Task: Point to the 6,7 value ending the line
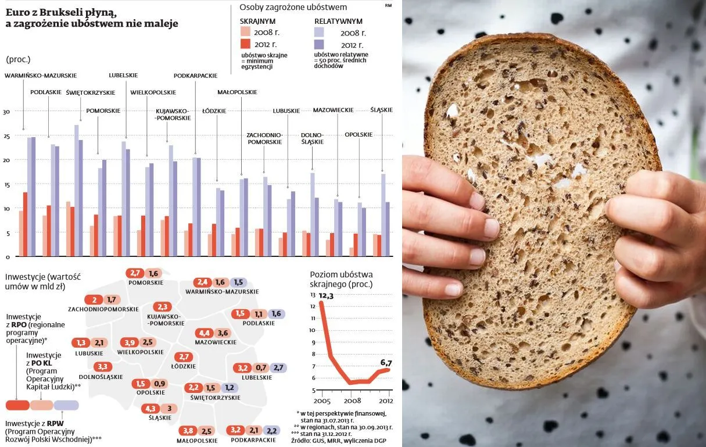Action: pos(386,363)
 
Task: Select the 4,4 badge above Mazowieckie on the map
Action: pos(204,333)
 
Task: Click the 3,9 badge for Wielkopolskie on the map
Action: pos(128,342)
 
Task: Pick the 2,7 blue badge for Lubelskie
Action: pos(278,367)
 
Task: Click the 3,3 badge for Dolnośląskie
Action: pos(103,367)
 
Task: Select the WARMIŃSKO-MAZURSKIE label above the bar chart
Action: pos(41,75)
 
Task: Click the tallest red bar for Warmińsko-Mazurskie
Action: pos(25,224)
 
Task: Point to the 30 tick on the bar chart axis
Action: pos(6,112)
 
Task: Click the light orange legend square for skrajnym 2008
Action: pos(246,31)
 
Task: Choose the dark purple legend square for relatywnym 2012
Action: pos(319,44)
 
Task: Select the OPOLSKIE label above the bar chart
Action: pos(359,135)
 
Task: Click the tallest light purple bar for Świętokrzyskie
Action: pos(76,191)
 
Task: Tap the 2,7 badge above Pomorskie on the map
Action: pos(136,273)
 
